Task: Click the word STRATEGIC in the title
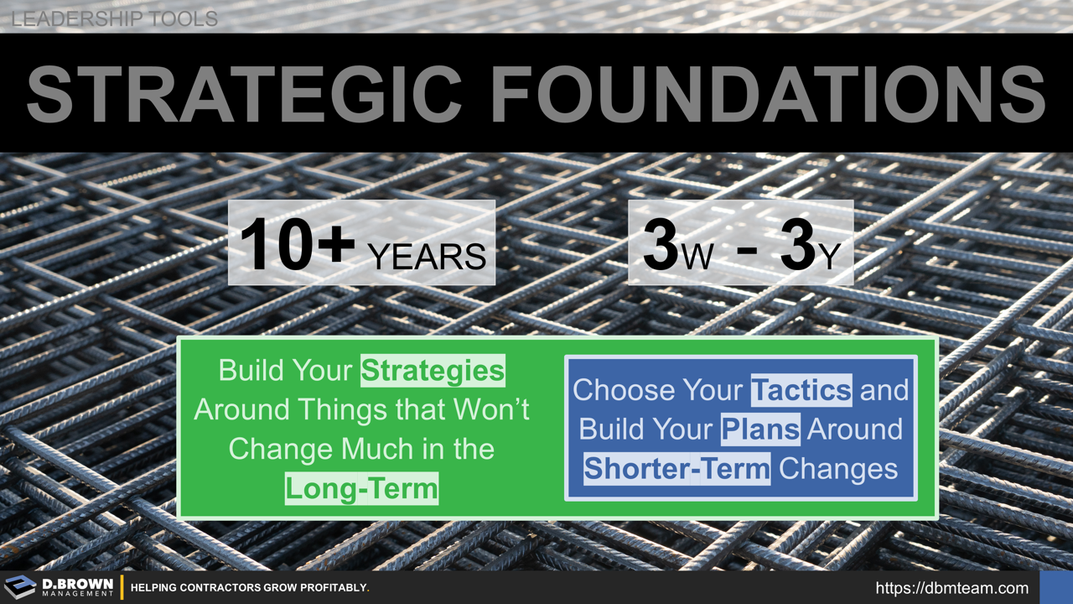[244, 92]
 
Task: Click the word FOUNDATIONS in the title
[768, 92]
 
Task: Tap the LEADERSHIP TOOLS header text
[114, 18]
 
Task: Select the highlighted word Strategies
[433, 371]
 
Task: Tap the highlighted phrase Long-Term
[361, 487]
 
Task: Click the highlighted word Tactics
[801, 389]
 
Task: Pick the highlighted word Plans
[760, 429]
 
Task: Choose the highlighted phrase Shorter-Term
[676, 468]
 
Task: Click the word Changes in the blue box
[838, 468]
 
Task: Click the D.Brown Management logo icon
[20, 587]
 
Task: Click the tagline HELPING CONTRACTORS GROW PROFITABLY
[250, 588]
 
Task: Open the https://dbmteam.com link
[951, 588]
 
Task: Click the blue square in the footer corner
[1055, 587]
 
